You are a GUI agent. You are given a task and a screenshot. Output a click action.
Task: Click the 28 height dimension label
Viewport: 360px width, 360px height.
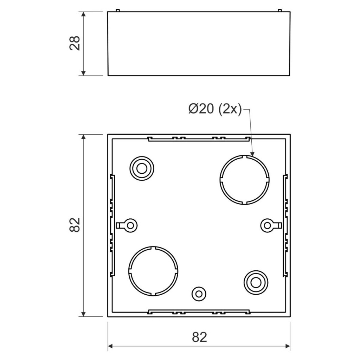pyautogui.click(x=75, y=43)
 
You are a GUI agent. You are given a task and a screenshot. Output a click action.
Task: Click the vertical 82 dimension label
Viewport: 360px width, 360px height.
pyautogui.click(x=75, y=225)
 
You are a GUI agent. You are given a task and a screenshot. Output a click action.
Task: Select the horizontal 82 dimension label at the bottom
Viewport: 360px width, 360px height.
pyautogui.click(x=200, y=337)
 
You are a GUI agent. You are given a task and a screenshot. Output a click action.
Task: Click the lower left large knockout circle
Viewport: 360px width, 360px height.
pyautogui.click(x=153, y=246)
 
